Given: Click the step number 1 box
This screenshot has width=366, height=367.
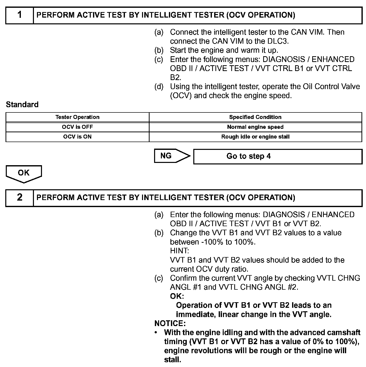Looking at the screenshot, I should click(x=20, y=15).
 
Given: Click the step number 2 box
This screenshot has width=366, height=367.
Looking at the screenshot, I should click(x=20, y=198).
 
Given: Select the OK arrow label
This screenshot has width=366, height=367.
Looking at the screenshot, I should click(x=24, y=173).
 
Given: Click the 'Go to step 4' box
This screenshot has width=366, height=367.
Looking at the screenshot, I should click(x=278, y=156).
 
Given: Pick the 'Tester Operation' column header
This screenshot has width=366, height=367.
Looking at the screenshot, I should click(x=77, y=117).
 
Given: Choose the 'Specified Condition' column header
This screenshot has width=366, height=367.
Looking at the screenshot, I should click(x=255, y=117).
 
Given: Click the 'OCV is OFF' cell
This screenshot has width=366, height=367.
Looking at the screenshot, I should click(x=77, y=127).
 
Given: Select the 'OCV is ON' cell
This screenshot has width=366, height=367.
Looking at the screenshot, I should click(x=77, y=137).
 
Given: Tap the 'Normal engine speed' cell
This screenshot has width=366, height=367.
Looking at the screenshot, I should click(x=255, y=127).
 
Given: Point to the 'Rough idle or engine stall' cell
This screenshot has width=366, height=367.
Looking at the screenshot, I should click(x=255, y=137).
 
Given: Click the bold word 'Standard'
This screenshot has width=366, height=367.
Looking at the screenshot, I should click(x=22, y=104).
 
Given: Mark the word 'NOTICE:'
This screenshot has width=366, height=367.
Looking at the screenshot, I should click(x=170, y=323).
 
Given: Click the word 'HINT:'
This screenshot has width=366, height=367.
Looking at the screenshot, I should click(x=179, y=251).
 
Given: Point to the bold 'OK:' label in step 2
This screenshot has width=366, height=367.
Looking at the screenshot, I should click(x=177, y=296).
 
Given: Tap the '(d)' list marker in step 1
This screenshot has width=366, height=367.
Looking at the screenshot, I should click(x=159, y=87).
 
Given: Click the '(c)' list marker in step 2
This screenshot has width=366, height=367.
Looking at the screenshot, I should click(x=159, y=278).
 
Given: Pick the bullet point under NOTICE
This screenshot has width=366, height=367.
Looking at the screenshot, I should click(x=156, y=333).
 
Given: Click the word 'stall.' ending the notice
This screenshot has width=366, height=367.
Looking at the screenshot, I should click(x=172, y=360).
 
